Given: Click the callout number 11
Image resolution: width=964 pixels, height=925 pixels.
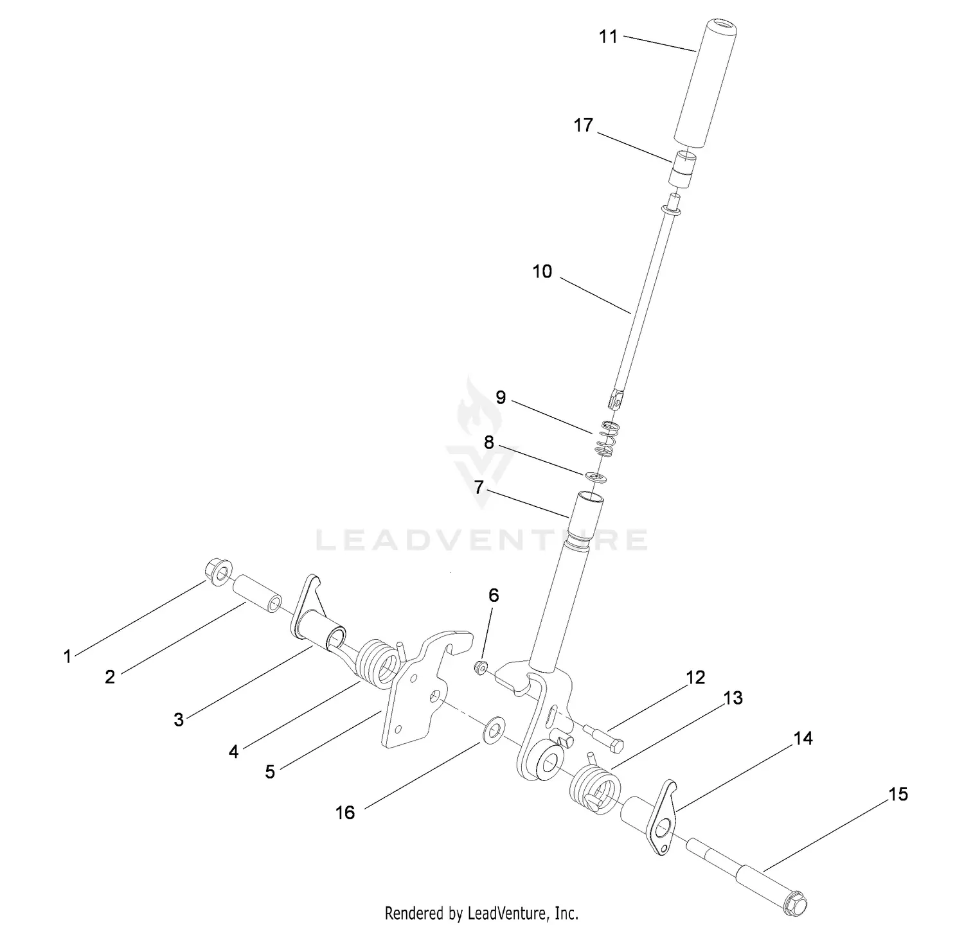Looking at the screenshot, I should [x=608, y=37].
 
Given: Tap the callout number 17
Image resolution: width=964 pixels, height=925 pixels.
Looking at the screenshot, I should [x=583, y=125].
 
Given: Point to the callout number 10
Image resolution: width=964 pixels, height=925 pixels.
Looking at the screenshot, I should [x=542, y=272].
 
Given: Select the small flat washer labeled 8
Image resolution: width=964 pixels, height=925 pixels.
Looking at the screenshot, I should [x=597, y=477].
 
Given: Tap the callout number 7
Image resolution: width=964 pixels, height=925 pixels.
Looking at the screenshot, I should [x=479, y=488].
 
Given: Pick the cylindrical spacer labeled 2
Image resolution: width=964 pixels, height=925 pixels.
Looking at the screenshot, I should [x=257, y=593].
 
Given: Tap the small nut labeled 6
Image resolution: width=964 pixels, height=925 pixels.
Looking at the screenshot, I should [x=479, y=669].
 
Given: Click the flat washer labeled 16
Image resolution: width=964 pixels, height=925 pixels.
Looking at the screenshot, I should [x=494, y=730].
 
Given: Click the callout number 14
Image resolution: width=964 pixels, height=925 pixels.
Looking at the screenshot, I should [x=803, y=739].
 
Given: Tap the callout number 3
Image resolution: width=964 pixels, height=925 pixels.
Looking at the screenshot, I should [x=179, y=719].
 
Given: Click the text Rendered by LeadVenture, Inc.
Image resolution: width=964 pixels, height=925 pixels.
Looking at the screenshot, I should [x=481, y=912].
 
